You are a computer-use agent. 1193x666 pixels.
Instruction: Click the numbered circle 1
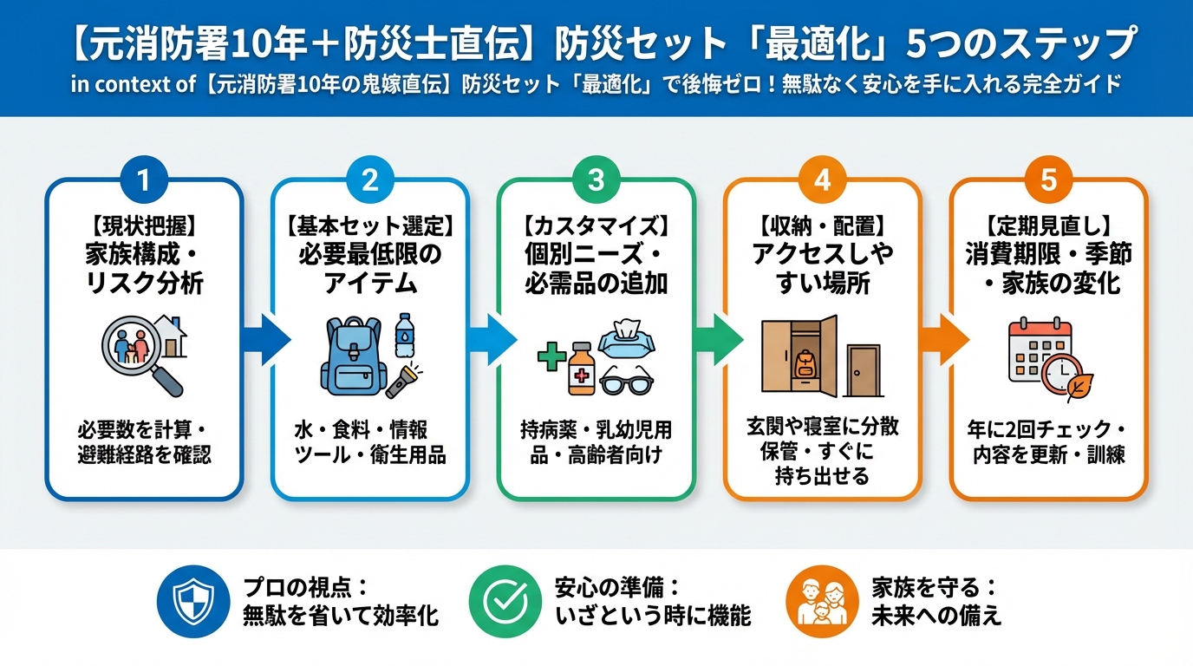pyautogui.click(x=144, y=180)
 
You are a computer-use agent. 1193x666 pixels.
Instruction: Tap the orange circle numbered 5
pyautogui.click(x=1048, y=180)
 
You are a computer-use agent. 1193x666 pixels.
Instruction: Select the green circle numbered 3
pyautogui.click(x=596, y=180)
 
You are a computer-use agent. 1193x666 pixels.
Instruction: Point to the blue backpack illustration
pyautogui.click(x=354, y=356)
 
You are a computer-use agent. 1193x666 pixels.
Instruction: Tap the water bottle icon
pyautogui.click(x=404, y=335)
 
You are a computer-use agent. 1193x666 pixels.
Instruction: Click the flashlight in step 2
pyautogui.click(x=403, y=381)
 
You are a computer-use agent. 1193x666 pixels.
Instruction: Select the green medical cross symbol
pyautogui.click(x=551, y=356)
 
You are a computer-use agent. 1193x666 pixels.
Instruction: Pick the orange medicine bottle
pyautogui.click(x=581, y=369)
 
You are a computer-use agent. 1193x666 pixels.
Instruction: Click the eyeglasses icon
pyautogui.click(x=627, y=381)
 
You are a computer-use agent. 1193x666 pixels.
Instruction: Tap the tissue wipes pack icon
pyautogui.click(x=626, y=340)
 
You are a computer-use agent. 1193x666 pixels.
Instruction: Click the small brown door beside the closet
pyautogui.click(x=864, y=371)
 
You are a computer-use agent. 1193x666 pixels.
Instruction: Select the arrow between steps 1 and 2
pyautogui.click(x=266, y=340)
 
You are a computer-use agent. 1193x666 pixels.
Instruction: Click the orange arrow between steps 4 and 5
pyautogui.click(x=944, y=340)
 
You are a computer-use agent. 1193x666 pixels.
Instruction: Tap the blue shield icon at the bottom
pyautogui.click(x=193, y=602)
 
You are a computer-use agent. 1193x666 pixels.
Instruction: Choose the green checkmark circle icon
pyautogui.click(x=505, y=602)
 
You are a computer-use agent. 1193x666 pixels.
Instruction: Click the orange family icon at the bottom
pyautogui.click(x=822, y=602)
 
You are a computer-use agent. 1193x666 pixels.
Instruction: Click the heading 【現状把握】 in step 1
pyautogui.click(x=144, y=226)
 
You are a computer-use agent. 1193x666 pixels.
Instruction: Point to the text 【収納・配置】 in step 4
pyautogui.click(x=822, y=226)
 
